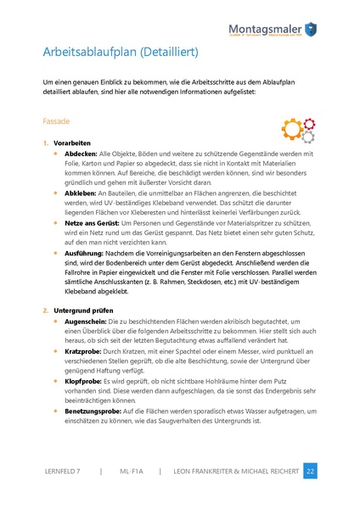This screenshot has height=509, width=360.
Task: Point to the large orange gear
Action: coord(291,128)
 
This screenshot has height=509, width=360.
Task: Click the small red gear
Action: coord(308,122)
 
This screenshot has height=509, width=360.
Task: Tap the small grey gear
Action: coord(308,136)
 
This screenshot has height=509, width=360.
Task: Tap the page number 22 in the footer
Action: coord(311,469)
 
